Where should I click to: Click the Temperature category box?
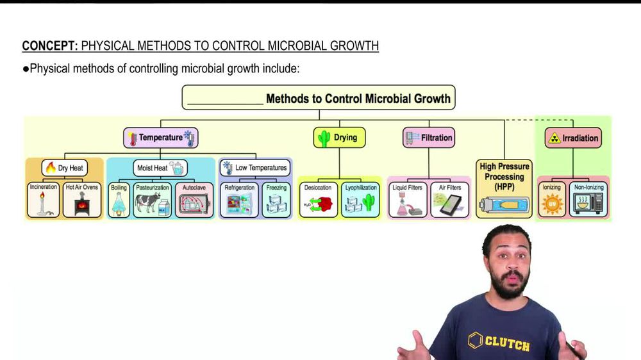pos(161,138)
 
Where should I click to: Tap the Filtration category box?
pos(429,137)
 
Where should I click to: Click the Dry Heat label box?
pos(64,168)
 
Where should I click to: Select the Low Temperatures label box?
pos(255,168)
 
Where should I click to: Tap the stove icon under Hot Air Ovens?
pos(83,205)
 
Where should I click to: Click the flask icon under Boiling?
pos(119,205)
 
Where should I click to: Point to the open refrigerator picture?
pos(240,205)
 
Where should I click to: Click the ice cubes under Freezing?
pos(276,205)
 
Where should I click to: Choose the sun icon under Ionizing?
pos(551,206)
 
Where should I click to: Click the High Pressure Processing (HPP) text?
pos(504,177)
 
